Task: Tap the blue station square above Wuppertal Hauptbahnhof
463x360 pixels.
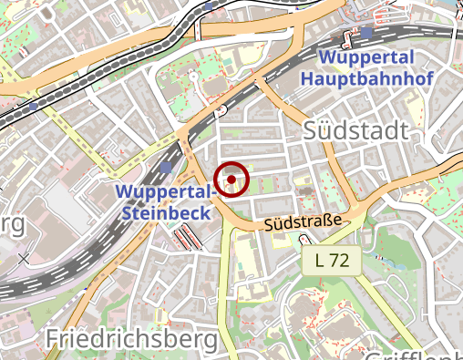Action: [365, 33]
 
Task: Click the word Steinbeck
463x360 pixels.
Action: [166, 212]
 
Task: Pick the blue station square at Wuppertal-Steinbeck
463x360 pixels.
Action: [165, 169]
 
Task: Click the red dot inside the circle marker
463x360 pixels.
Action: [232, 180]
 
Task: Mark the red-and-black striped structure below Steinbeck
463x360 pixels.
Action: [188, 239]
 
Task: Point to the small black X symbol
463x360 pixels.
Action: [23, 258]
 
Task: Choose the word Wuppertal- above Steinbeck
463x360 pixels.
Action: [165, 192]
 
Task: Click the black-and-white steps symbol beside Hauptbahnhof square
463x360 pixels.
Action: [348, 39]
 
